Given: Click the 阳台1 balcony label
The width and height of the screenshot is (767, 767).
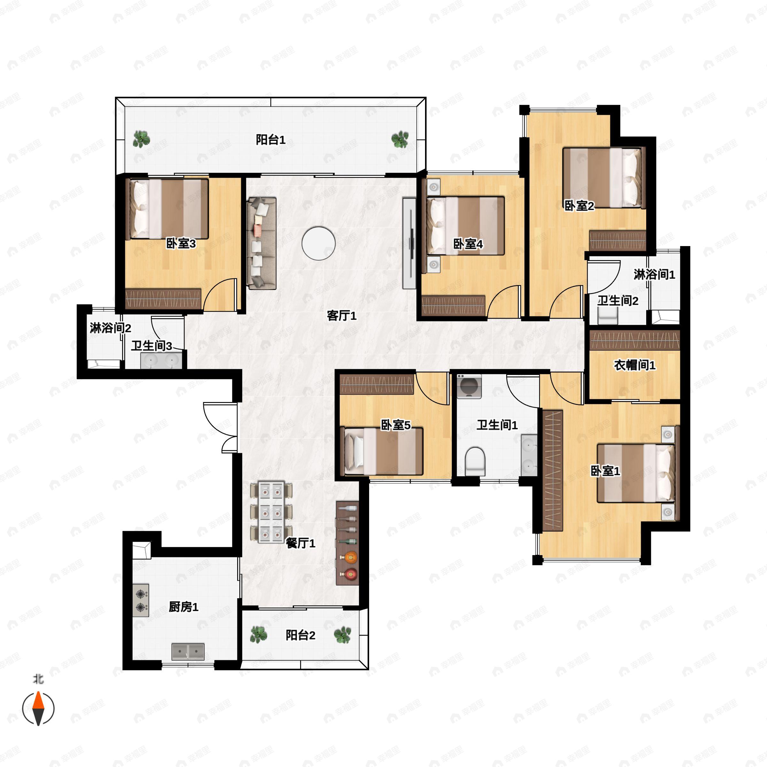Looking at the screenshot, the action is (x=270, y=140).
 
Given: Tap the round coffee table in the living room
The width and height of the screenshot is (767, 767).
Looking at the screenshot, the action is (x=318, y=243).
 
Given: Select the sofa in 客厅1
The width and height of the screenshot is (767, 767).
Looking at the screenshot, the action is (x=261, y=243).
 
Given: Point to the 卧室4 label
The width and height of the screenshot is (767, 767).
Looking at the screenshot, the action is (x=468, y=244).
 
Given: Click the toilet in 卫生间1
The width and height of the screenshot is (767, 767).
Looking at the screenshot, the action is (x=475, y=461).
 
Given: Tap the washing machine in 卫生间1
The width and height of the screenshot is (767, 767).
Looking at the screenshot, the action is (x=469, y=386).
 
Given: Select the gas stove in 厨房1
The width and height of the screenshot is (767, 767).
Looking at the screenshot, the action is (x=141, y=600).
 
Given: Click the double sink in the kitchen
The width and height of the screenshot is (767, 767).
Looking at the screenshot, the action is (x=188, y=652).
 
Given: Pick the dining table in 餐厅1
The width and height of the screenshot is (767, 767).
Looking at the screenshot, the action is (x=271, y=512).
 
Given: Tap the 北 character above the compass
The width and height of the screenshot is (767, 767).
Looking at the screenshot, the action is (x=38, y=679).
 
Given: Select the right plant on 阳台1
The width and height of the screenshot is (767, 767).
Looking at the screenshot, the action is (x=400, y=139).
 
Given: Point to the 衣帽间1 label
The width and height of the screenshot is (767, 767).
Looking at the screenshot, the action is (x=634, y=365).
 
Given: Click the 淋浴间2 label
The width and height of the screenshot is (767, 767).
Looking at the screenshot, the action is (x=110, y=328).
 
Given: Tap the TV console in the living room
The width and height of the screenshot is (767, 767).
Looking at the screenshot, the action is (x=409, y=243).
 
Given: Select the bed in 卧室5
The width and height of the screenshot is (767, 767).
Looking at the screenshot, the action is (x=383, y=451).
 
